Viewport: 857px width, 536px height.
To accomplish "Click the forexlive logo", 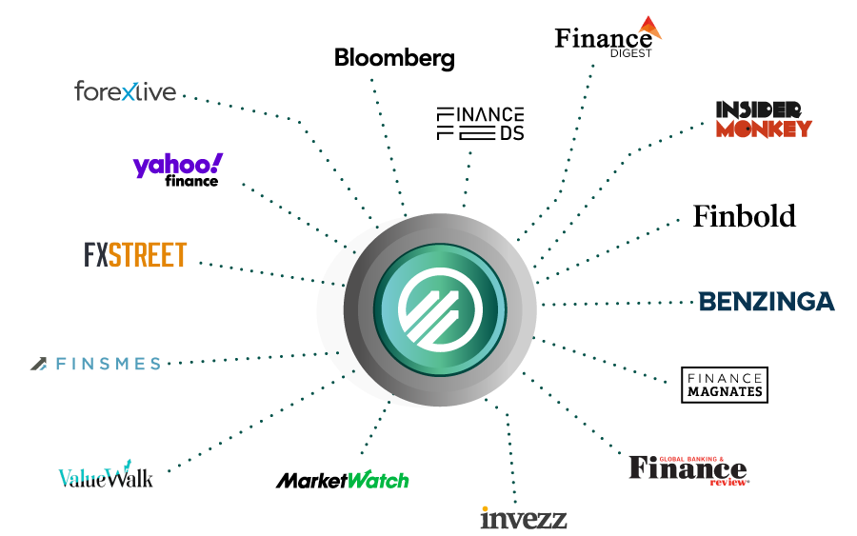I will coord(126,91).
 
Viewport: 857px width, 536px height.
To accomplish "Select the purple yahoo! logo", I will coord(177,165).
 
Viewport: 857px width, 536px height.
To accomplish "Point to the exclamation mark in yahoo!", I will coord(218,162).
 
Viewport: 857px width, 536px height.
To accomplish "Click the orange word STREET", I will coord(148,255).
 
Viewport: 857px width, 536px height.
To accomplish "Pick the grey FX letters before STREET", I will coord(95,255).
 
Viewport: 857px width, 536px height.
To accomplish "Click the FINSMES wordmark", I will coord(108,364).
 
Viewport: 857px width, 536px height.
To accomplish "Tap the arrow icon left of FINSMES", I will coord(38,364).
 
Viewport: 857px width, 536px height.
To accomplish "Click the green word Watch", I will coord(378,480).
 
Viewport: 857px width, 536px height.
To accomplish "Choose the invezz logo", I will coord(523,519).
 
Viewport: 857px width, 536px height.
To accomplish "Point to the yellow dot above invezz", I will coord(486,508).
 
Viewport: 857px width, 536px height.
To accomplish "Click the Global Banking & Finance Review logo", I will coord(688,468).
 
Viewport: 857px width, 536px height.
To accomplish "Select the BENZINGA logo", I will coord(767,303).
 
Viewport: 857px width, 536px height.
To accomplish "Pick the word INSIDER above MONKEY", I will coord(759,109).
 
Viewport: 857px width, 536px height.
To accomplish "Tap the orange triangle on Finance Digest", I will coord(650,27).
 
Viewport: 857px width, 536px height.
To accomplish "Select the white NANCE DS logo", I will coord(481,125).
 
